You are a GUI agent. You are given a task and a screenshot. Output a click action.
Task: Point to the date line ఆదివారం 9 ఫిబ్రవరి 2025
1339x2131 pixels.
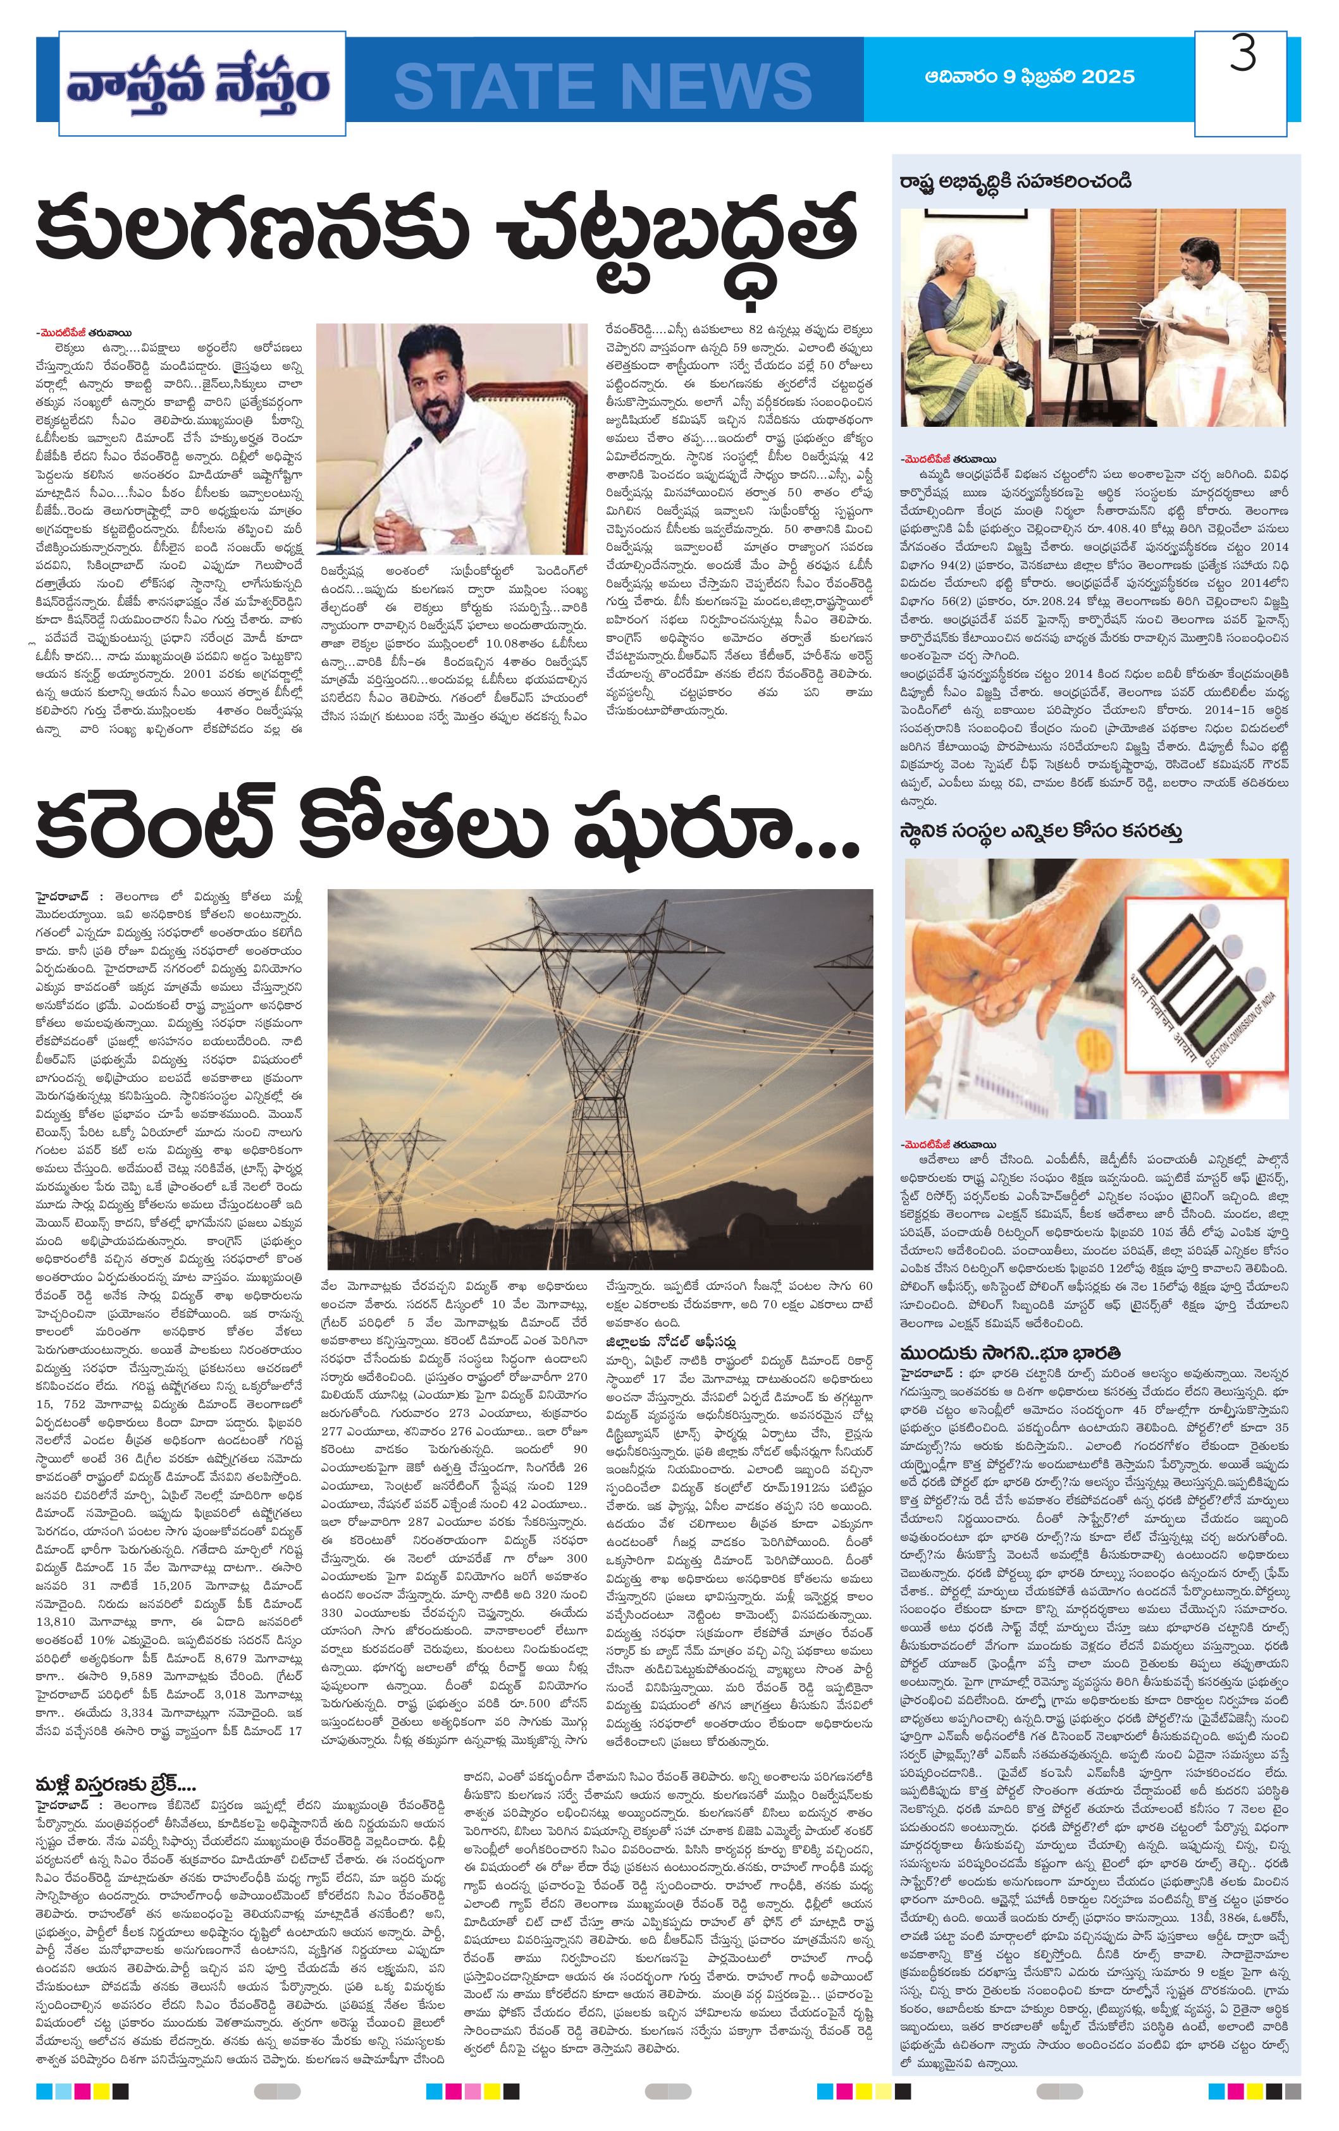pyautogui.click(x=1028, y=77)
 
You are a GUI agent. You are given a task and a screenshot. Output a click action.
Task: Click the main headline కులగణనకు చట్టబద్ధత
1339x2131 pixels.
pyautogui.click(x=447, y=233)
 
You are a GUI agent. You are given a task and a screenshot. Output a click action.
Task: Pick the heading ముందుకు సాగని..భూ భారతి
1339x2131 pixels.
pyautogui.click(x=1009, y=1352)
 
